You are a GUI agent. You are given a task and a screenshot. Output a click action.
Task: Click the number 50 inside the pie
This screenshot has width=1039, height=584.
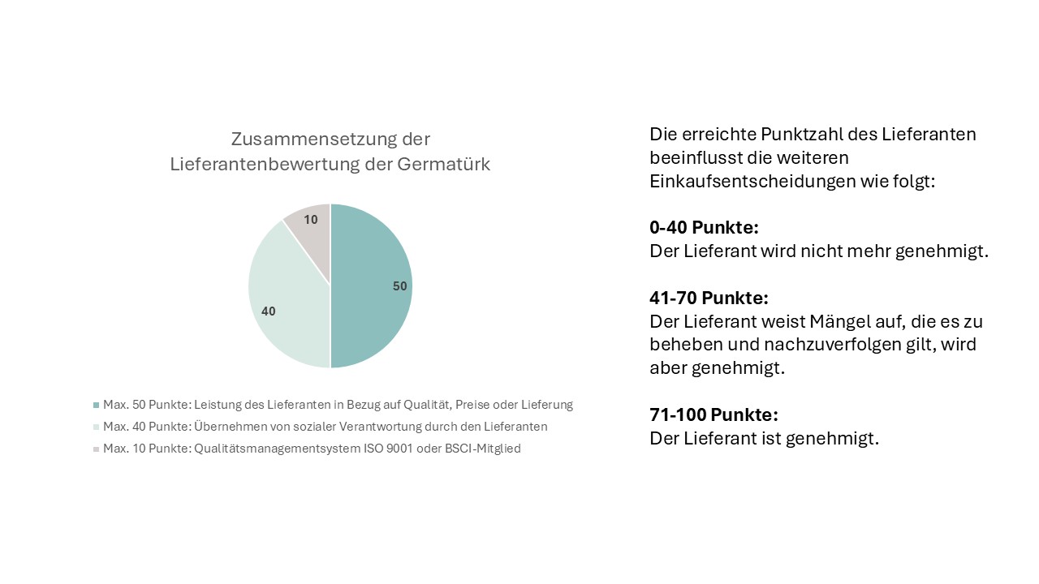[400, 286]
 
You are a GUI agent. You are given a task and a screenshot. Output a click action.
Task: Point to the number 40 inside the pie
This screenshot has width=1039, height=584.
[269, 311]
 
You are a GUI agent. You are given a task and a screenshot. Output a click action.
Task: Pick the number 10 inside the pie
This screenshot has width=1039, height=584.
[311, 220]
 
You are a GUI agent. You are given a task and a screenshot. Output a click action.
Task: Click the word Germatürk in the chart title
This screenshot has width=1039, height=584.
[444, 164]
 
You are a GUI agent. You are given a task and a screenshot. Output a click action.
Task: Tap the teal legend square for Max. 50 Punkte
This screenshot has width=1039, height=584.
[97, 405]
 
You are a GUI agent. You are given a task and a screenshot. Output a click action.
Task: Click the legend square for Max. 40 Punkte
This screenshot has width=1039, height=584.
[97, 427]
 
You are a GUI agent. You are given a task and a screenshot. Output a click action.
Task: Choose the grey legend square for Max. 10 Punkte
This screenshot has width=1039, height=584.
[97, 449]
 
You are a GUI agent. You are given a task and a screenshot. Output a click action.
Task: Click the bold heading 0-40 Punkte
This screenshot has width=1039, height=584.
[704, 228]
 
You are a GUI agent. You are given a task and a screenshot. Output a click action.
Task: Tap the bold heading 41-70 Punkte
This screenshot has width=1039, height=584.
[709, 298]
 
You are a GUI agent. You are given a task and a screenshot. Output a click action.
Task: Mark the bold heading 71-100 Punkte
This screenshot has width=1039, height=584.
[714, 415]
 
